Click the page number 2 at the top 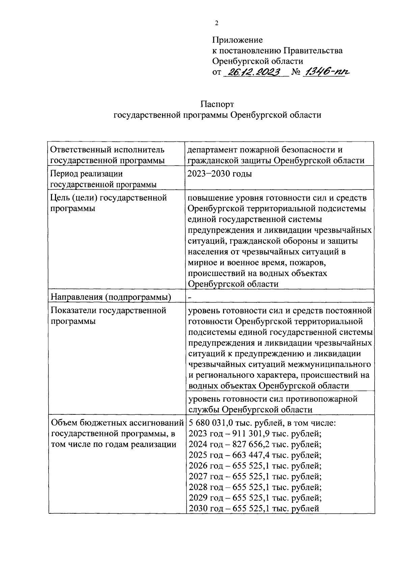[x=216, y=23]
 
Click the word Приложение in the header [x=237, y=40]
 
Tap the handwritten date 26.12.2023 [x=254, y=72]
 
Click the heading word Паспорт [x=217, y=104]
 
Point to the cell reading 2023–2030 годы [x=220, y=174]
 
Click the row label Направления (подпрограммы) [x=111, y=297]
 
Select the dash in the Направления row [x=190, y=297]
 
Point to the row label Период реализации [x=86, y=174]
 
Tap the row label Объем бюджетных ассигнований [x=117, y=423]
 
